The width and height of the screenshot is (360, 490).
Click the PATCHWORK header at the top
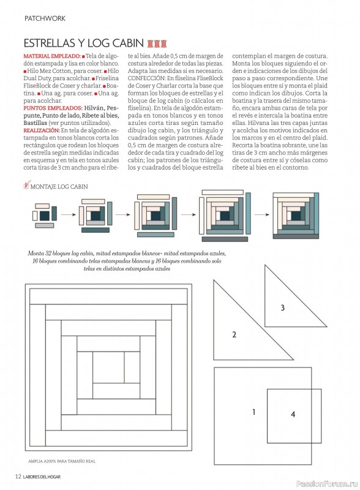[x=45, y=18]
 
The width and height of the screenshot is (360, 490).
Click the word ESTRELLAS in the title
[x=50, y=43]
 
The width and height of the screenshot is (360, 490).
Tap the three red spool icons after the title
[x=157, y=43]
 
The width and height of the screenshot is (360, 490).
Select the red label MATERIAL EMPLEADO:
[x=52, y=56]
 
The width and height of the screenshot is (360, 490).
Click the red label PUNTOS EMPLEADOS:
[x=53, y=108]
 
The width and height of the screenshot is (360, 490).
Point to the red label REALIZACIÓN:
[x=42, y=130]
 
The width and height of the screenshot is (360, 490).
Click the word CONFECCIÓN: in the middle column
[x=146, y=78]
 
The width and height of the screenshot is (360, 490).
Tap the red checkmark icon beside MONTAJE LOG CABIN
[x=26, y=185]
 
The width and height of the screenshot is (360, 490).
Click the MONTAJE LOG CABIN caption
[x=59, y=187]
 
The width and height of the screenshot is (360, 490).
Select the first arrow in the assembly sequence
[x=69, y=215]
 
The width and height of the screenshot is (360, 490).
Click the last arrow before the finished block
[x=262, y=215]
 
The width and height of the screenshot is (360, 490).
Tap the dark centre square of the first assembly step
[x=45, y=216]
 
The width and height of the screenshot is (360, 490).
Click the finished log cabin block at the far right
[x=296, y=216]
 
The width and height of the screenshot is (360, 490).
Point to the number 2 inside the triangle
[x=234, y=334]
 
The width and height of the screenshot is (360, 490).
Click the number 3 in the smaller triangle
[x=282, y=308]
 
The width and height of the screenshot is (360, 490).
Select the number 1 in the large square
[x=253, y=412]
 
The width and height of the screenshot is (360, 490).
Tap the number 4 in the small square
[x=293, y=415]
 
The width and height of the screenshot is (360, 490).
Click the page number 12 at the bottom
[x=18, y=477]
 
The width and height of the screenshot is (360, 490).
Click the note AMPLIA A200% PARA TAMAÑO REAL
[x=62, y=461]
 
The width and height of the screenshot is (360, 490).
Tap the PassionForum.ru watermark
[x=326, y=483]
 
